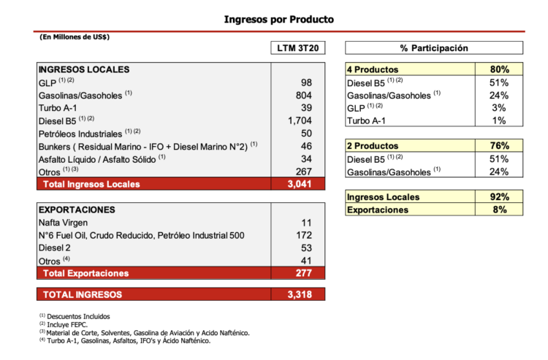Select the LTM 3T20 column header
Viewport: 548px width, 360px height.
click(297, 48)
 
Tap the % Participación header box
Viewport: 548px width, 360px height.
click(434, 48)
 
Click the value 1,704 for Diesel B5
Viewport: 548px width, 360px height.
click(300, 121)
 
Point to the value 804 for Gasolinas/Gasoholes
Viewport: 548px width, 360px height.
click(304, 95)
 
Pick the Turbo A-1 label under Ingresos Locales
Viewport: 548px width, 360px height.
click(61, 108)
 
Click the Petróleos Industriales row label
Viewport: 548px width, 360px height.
click(80, 134)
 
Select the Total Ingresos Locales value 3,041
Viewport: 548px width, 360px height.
click(299, 184)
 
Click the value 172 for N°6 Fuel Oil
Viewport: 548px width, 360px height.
click(304, 236)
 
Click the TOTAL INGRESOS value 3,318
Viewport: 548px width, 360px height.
click(299, 295)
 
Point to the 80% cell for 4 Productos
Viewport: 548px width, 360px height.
click(499, 69)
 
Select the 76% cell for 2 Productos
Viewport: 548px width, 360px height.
click(499, 147)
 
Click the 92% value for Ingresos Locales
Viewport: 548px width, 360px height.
click(499, 197)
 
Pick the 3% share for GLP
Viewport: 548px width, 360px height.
click(500, 108)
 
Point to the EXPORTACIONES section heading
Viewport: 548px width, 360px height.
click(77, 210)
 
